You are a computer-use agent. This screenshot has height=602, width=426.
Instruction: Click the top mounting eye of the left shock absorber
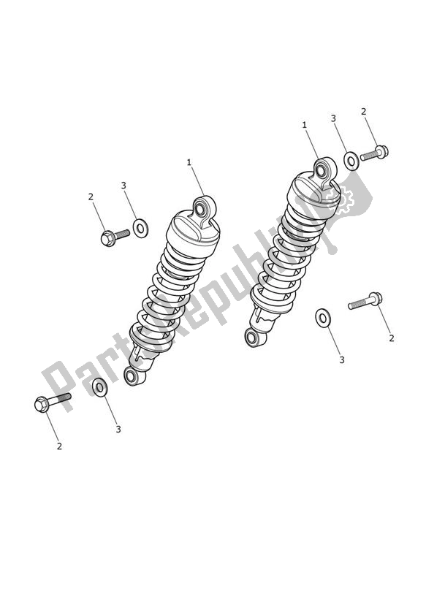point(202,210)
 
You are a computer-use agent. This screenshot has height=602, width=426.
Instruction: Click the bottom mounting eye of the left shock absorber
point(132,377)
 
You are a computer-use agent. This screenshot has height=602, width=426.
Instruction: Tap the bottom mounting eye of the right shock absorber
point(253,338)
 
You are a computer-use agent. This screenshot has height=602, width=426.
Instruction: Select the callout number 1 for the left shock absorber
point(189,162)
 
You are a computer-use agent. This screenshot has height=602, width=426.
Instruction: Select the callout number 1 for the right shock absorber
point(304,125)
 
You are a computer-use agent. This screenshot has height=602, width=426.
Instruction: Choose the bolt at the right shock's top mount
point(373,154)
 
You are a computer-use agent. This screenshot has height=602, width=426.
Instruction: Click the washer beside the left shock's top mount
point(140,228)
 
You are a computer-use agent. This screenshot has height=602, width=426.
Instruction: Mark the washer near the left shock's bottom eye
point(100,385)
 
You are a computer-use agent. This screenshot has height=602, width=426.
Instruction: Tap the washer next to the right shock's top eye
point(351,160)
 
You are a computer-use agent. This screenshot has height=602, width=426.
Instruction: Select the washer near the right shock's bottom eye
point(322,318)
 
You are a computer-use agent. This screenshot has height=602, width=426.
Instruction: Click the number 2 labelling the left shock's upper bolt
point(91,197)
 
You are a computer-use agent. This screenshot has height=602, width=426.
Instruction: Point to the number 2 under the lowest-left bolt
point(59,446)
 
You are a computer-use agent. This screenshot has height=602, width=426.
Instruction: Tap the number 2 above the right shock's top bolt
point(363,111)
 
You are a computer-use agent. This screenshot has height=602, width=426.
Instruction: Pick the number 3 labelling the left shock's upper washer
point(123,186)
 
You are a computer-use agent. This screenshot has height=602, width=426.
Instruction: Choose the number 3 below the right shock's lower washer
point(341,359)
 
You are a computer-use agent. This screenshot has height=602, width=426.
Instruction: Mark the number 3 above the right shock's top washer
point(333,118)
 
